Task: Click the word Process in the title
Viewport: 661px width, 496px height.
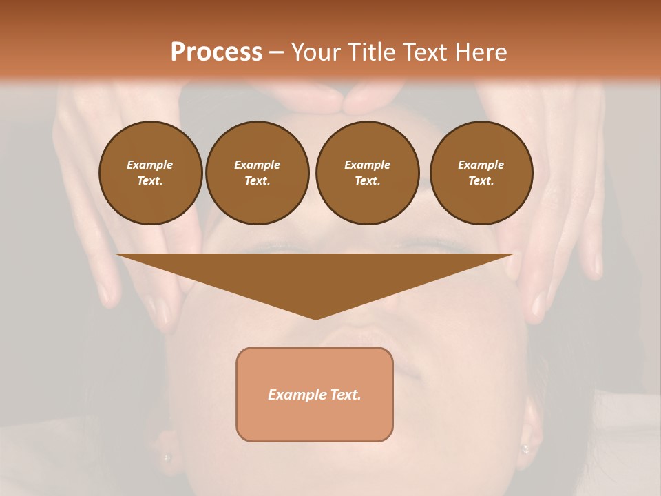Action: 216,52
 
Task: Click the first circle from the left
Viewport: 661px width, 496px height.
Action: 150,173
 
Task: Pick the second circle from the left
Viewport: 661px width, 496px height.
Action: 257,173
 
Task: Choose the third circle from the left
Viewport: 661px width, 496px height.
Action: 367,173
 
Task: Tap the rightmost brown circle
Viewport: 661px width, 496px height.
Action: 481,173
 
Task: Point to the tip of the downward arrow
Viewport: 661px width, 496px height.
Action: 315,318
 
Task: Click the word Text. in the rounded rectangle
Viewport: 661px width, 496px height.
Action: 346,395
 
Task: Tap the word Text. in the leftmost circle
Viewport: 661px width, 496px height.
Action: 150,181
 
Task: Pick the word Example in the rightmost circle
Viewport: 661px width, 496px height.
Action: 481,165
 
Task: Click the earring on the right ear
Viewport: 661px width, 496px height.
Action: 525,448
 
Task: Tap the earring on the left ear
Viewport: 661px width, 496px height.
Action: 165,456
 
